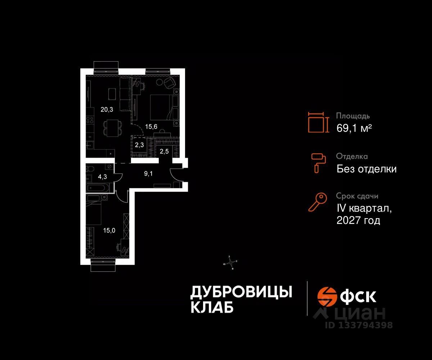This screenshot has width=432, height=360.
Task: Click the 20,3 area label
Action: pyautogui.click(x=107, y=110)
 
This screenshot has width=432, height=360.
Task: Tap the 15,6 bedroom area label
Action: pyautogui.click(x=152, y=126)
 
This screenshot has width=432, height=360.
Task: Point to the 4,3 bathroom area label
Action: pyautogui.click(x=103, y=177)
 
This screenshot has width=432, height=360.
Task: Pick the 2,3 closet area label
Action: pyautogui.click(x=139, y=145)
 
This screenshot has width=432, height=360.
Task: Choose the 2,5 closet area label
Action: pyautogui.click(x=164, y=151)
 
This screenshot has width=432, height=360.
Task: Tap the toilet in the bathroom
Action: pyautogui.click(x=91, y=169)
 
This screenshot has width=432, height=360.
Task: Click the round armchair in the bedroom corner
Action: pyautogui.click(x=168, y=84)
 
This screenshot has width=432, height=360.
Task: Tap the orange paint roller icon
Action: pyautogui.click(x=319, y=162)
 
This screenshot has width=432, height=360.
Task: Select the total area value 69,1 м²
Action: pyautogui.click(x=354, y=128)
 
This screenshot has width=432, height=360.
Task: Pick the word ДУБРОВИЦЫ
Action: pyautogui.click(x=241, y=292)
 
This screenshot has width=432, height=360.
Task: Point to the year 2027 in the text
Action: pyautogui.click(x=349, y=220)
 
